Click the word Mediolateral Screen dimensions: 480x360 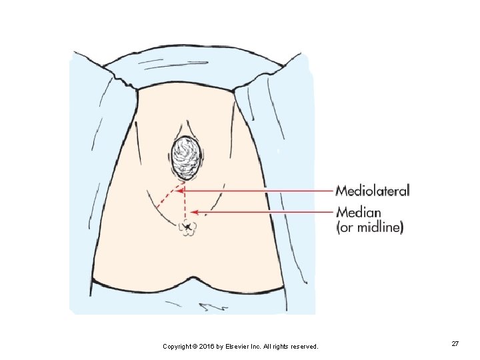coord(373,191)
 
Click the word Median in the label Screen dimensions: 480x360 coord(359,213)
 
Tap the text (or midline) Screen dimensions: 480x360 coord(369,227)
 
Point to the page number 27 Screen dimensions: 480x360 coord(455,343)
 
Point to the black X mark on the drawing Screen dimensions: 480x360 coord(188,229)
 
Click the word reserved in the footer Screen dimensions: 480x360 coord(303,347)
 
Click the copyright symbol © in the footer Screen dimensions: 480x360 coord(198,347)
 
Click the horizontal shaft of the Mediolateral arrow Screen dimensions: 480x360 coord(260,191)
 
